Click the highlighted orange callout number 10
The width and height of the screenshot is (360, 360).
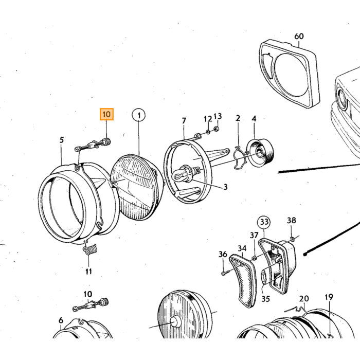tap(106, 114)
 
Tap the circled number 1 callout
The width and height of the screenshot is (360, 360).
tap(139, 115)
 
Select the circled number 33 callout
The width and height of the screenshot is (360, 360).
tap(264, 222)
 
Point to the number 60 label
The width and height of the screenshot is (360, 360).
tap(299, 37)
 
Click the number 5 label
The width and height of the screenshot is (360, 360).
tap(62, 140)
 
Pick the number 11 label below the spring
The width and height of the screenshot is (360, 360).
tap(88, 272)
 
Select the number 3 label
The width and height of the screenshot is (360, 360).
tap(225, 187)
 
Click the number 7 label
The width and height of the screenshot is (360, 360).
tap(184, 121)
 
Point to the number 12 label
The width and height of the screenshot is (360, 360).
tap(208, 119)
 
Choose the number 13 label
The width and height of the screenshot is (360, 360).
tap(218, 116)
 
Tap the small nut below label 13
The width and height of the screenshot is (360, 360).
tap(216, 129)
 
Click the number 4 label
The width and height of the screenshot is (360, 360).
tap(254, 119)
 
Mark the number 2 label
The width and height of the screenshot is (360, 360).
tap(238, 118)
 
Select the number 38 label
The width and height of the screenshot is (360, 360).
tap(292, 221)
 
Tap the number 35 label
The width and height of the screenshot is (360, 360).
tap(265, 299)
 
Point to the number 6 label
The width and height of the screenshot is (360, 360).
tap(61, 320)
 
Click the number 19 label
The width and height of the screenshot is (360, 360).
tap(329, 297)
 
